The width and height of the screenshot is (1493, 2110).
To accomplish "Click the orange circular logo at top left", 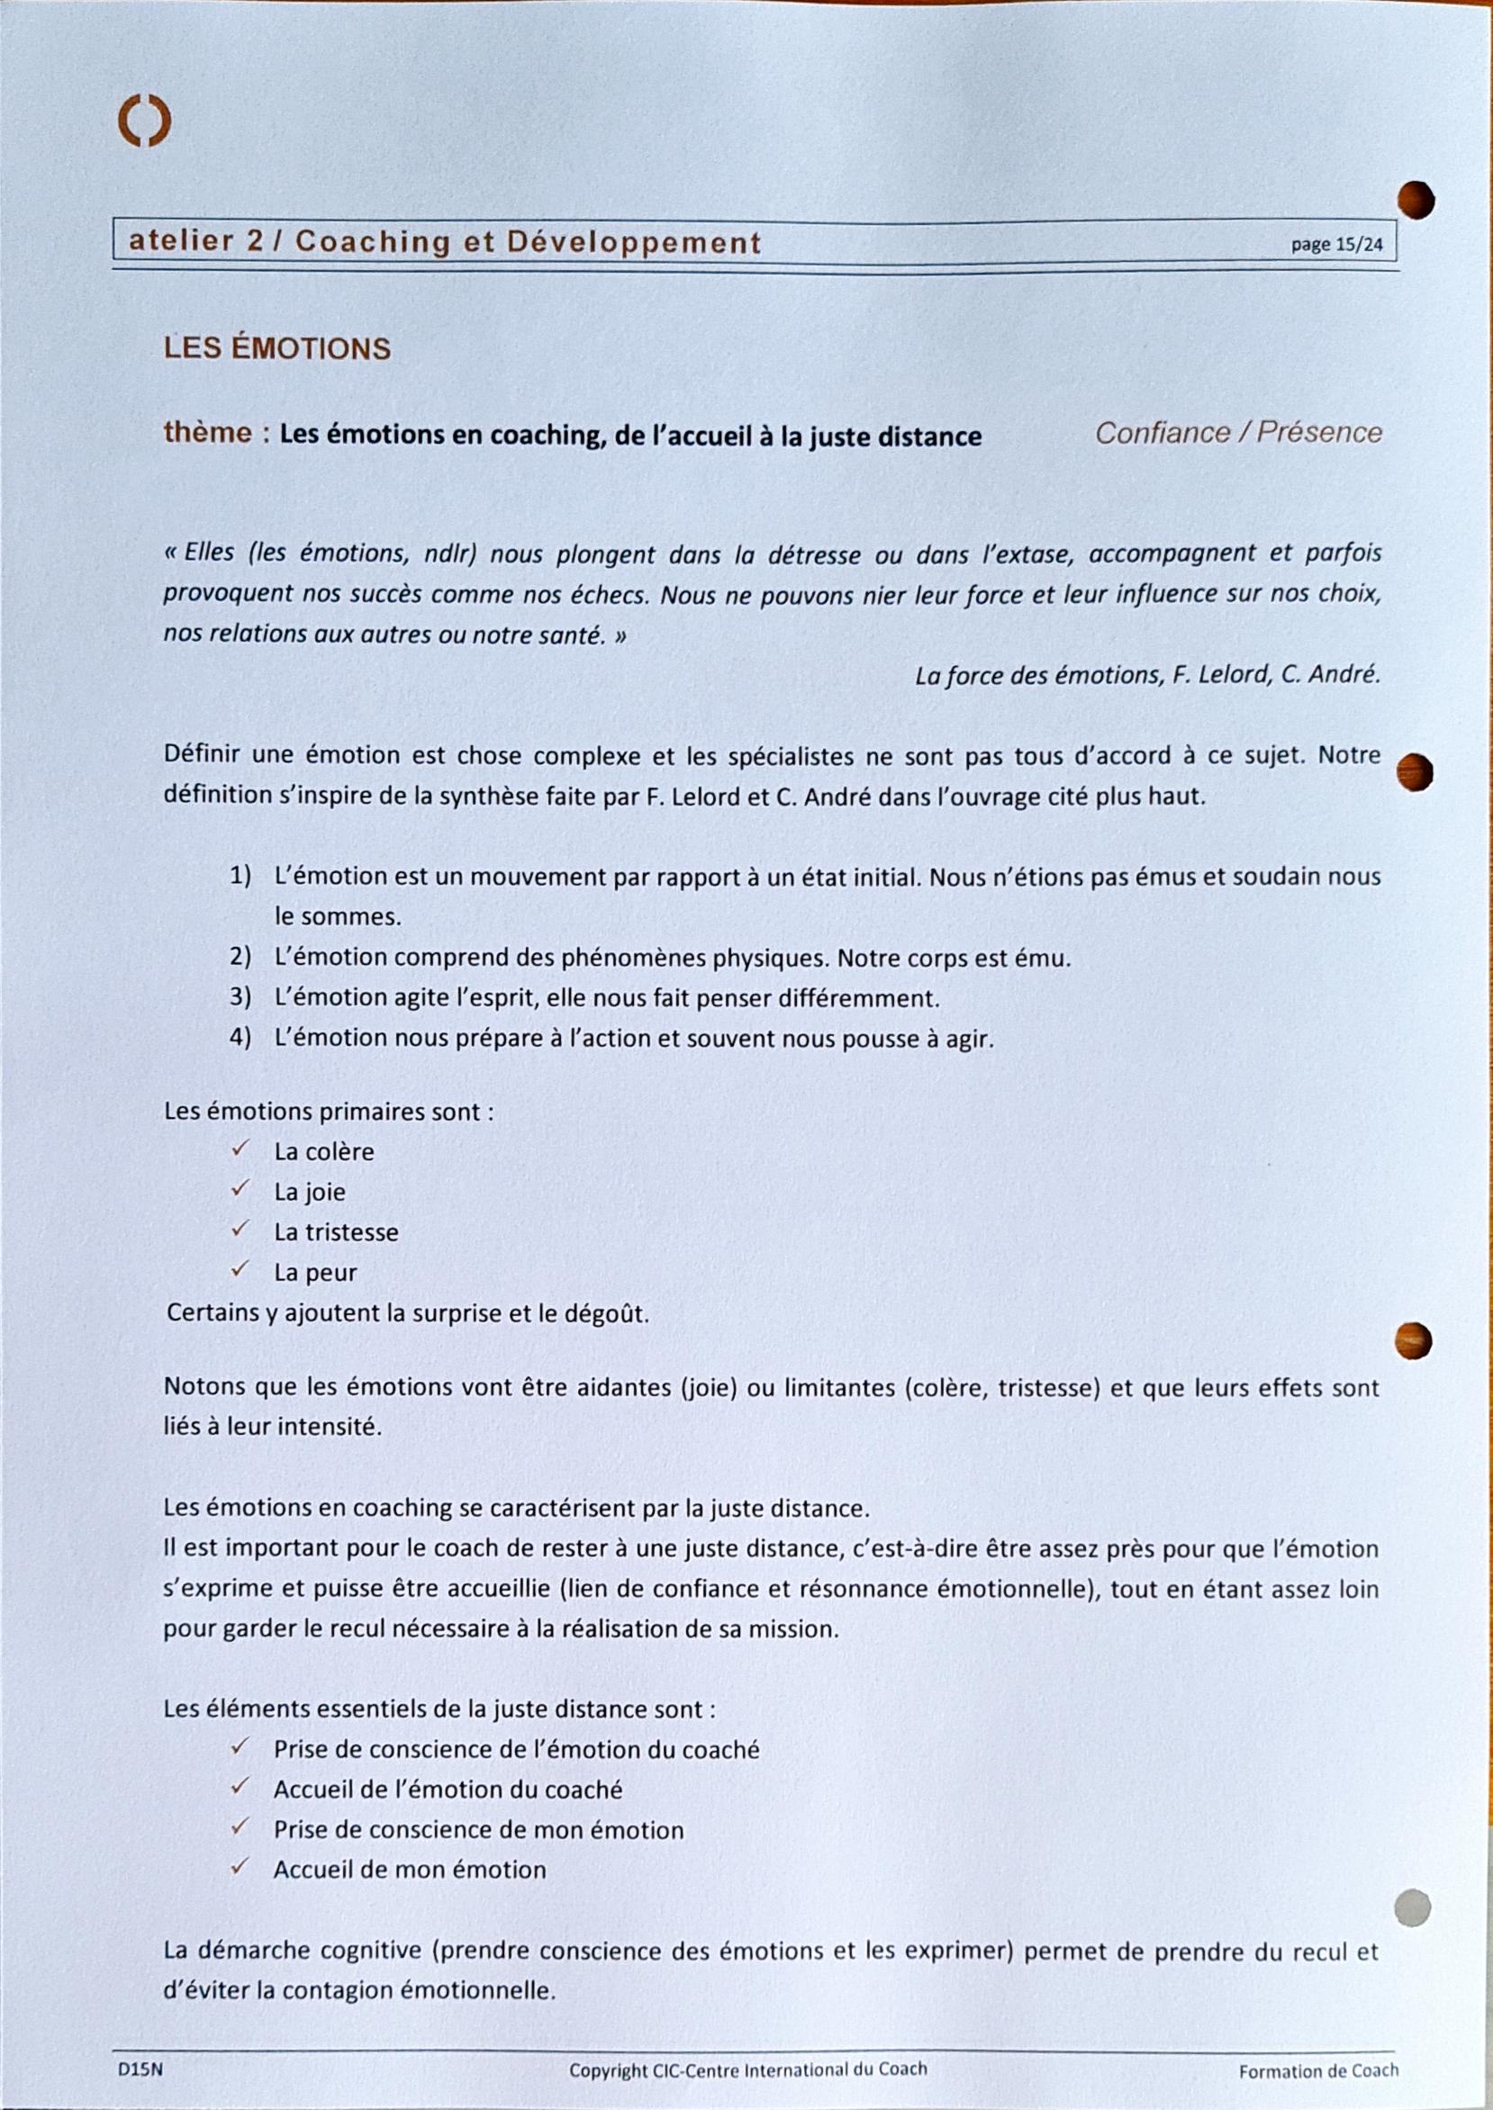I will (144, 122).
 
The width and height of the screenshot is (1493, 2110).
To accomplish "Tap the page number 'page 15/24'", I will (1335, 245).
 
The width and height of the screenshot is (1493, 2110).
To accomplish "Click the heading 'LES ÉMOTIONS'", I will (276, 348).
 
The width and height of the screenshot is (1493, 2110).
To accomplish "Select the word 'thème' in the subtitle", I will (207, 433).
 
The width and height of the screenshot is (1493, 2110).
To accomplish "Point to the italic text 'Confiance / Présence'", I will (1237, 433).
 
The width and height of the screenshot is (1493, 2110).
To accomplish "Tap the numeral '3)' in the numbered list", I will (240, 997).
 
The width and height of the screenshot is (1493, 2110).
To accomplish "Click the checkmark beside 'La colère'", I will (240, 1150).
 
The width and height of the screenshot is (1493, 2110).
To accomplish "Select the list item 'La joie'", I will (310, 1192).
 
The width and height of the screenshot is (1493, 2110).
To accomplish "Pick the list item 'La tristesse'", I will (336, 1232).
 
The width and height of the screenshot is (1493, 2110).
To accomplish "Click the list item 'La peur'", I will (314, 1273).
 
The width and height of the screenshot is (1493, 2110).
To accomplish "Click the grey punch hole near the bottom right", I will (1412, 1907).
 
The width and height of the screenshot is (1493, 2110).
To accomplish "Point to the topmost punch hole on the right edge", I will (1416, 201).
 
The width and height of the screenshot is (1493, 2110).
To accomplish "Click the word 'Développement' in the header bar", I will (633, 243).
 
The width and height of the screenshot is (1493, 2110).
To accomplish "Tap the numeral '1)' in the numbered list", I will (240, 876).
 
